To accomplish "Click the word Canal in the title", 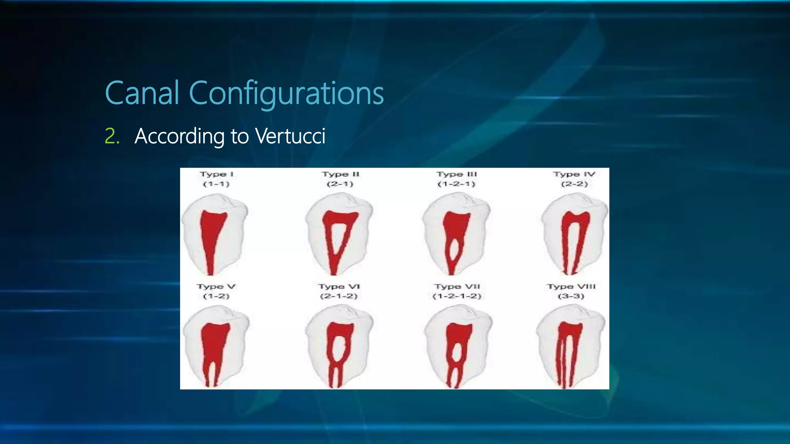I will pyautogui.click(x=142, y=93).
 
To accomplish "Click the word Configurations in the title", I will pyautogui.click(x=286, y=94).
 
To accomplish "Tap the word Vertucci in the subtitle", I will pyautogui.click(x=290, y=136).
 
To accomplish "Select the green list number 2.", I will pyautogui.click(x=112, y=136).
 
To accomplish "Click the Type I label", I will pyautogui.click(x=217, y=174).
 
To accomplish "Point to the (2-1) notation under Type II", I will pyautogui.click(x=340, y=184).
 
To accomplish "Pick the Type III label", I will pyautogui.click(x=457, y=174).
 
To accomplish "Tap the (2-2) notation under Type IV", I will pyautogui.click(x=574, y=184).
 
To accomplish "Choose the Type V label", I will pyautogui.click(x=216, y=287).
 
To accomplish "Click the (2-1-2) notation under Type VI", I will pyautogui.click(x=339, y=296).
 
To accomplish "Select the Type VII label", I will pyautogui.click(x=457, y=287).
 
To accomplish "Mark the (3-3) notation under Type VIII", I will pyautogui.click(x=571, y=296).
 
